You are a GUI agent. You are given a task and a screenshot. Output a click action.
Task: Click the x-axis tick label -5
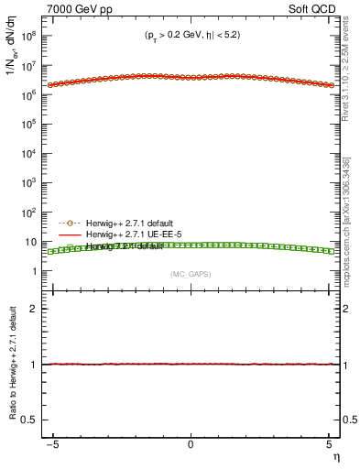[x=54, y=444]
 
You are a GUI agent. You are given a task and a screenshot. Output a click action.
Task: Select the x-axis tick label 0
[x=191, y=444]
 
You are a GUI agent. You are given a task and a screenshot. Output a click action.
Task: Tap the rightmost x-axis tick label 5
[x=327, y=444]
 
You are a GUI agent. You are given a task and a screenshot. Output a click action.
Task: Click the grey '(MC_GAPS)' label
[x=191, y=274]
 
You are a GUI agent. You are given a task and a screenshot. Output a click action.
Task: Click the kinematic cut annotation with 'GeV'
[x=191, y=38]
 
